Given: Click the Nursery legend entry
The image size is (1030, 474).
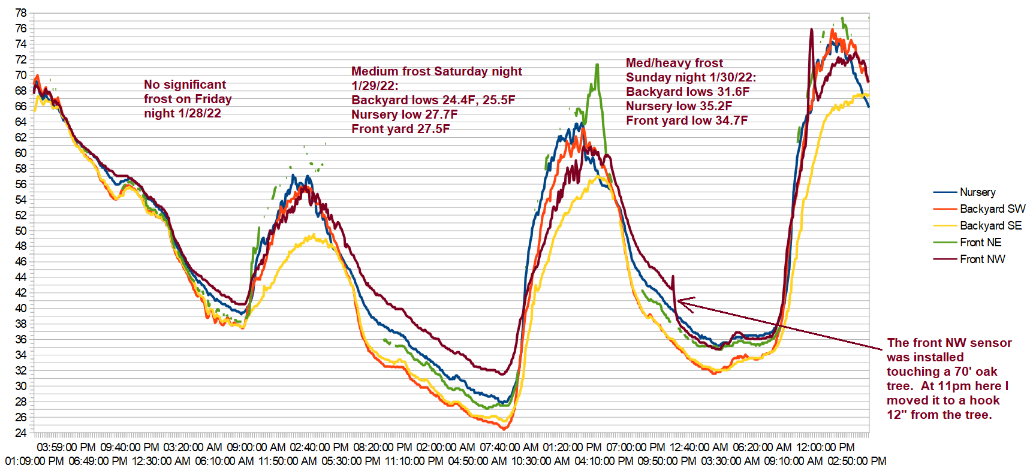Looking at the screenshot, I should coord(977,192).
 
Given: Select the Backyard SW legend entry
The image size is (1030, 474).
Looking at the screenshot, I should coord(992,209).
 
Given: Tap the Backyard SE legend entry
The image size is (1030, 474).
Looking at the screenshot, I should coord(990,226).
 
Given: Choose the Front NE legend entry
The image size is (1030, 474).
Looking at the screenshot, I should coord(980,243).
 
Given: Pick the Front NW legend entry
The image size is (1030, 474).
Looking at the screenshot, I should coord(982,259).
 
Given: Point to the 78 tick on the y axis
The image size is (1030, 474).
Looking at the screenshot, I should coord(21,13).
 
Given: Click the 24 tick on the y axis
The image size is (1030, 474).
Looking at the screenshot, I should coord(21,433).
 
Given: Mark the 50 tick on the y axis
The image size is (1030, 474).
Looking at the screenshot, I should coord(21,231).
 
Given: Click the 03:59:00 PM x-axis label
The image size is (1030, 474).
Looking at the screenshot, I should coord(66,448).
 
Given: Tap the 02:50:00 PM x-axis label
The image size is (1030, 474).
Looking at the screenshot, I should coord(857,461).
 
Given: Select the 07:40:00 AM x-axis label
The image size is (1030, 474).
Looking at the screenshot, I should coord(509,448).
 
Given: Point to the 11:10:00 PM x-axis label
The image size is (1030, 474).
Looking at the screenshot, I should coord(414,461).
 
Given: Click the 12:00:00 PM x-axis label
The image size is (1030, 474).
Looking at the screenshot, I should coord(825,448).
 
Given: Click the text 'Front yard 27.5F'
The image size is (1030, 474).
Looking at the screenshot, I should coord(400,129).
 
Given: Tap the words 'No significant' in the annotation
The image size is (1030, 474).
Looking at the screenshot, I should coord(185,84).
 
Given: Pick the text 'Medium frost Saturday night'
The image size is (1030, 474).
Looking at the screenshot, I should coord(436,71).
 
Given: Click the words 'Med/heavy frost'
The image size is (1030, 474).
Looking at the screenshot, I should coord(674,63).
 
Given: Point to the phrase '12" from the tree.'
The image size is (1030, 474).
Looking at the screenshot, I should coord(939,415).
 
